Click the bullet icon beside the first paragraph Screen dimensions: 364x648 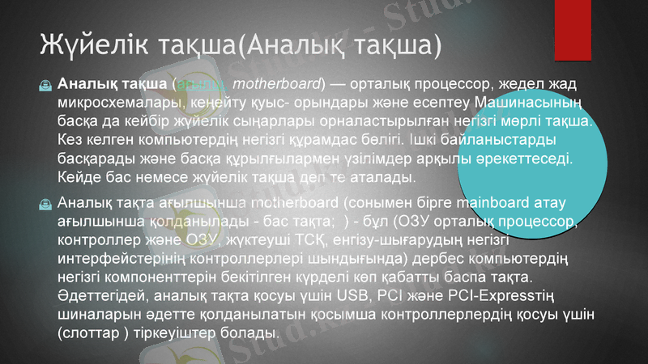click(x=45, y=84)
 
